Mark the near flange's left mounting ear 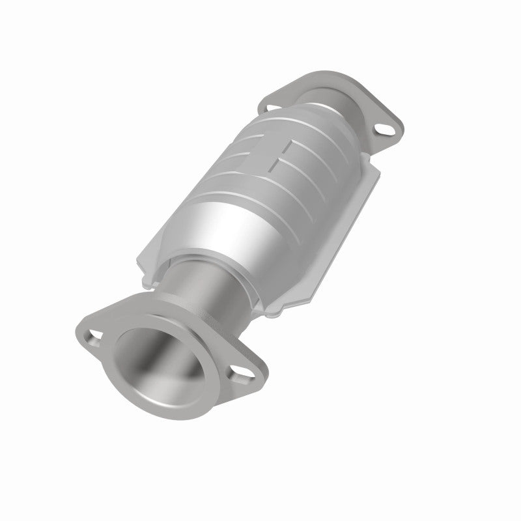click(88, 329)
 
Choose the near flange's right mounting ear click(251, 378)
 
